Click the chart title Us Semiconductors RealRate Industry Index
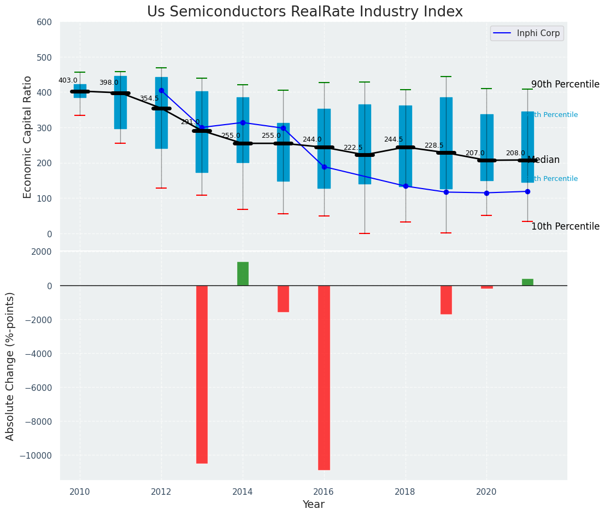click(304, 12)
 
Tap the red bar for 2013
click(202, 374)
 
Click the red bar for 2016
click(324, 377)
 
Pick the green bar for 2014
click(243, 274)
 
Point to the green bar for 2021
click(527, 282)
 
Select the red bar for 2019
click(446, 300)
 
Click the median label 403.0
click(68, 81)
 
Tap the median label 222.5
click(353, 148)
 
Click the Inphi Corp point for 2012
click(161, 91)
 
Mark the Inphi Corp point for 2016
click(324, 167)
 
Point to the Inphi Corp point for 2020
click(486, 193)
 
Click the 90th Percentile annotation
click(565, 85)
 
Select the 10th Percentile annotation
click(565, 227)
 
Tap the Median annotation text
click(544, 160)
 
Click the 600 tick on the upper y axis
click(44, 22)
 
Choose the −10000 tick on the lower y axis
click(36, 456)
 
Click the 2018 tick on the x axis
click(406, 492)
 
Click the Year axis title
click(313, 505)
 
